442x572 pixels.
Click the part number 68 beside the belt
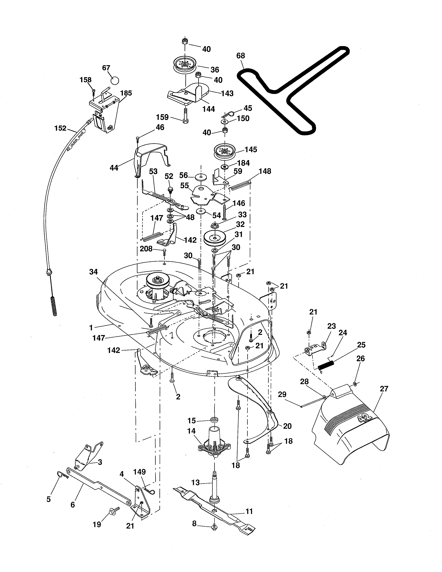pyautogui.click(x=240, y=56)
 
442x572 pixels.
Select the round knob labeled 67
pyautogui.click(x=114, y=80)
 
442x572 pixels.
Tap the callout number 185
pyautogui.click(x=126, y=93)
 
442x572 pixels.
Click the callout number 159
pyautogui.click(x=162, y=117)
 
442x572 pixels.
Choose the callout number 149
pyautogui.click(x=139, y=472)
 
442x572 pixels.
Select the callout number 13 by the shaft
pyautogui.click(x=195, y=482)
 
